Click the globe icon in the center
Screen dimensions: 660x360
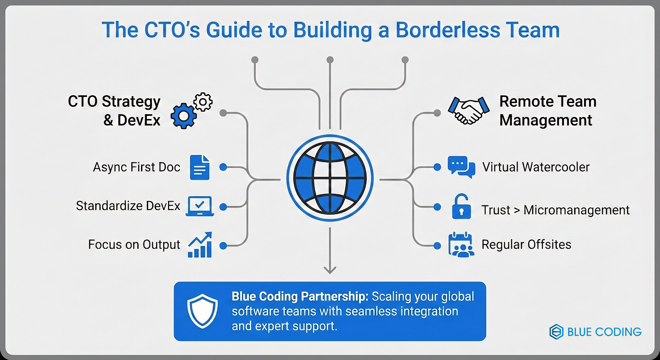(330, 178)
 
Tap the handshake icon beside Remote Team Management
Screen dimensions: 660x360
(469, 110)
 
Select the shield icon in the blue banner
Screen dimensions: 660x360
(202, 311)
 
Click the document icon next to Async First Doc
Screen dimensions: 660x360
(200, 167)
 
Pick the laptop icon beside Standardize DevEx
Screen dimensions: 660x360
(200, 206)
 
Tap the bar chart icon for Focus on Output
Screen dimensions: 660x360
(200, 245)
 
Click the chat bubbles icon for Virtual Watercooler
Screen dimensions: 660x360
(461, 167)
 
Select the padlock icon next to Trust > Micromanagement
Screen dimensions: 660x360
(461, 207)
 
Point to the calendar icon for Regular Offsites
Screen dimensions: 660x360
(461, 245)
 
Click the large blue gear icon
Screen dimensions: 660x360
(183, 116)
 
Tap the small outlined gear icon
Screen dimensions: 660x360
(203, 101)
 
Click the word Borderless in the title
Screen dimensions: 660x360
(448, 30)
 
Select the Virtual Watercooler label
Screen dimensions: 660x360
(536, 167)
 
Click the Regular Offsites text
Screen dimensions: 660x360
(526, 245)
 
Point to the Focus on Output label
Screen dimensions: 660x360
(134, 245)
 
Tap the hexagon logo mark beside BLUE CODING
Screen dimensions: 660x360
(556, 332)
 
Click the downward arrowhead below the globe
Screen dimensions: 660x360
(330, 270)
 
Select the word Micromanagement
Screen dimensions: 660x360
(576, 210)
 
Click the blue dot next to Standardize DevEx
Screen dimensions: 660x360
(223, 207)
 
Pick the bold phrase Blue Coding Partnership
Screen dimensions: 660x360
(299, 296)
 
